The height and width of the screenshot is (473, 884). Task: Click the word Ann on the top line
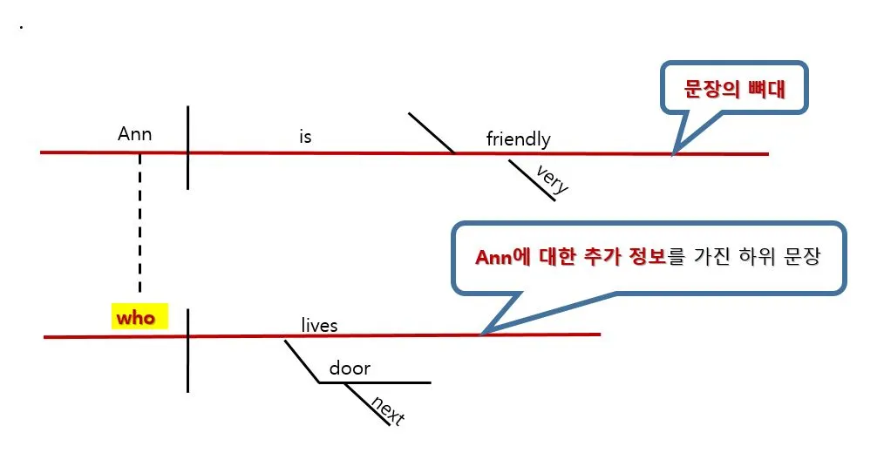(134, 133)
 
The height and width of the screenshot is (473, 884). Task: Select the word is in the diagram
(304, 137)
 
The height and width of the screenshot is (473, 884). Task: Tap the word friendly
(518, 139)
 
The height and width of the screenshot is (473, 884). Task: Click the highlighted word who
(135, 318)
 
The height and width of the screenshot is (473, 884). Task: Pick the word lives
(319, 326)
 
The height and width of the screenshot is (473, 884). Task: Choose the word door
(349, 368)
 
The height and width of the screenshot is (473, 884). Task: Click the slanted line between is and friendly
(432, 132)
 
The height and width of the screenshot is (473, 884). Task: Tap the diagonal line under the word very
(532, 180)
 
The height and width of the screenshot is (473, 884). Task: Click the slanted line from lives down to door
(301, 361)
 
